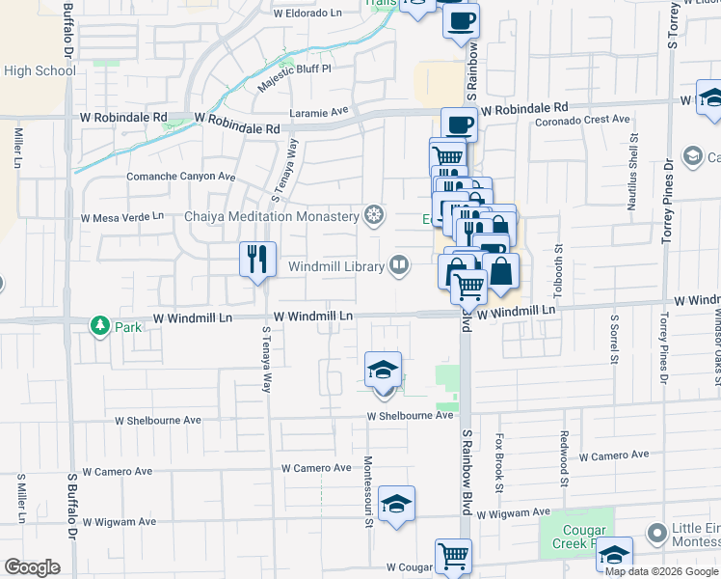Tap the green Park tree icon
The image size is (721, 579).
99,326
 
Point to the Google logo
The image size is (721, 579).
32,567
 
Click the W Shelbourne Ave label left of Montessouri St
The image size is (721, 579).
157,421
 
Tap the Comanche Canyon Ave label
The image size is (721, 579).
181,177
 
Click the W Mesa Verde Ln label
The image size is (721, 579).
122,218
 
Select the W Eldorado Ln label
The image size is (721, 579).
307,14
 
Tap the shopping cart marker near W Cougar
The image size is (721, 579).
453,556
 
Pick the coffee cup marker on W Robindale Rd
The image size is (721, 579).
460,124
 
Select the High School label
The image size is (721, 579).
40,70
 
